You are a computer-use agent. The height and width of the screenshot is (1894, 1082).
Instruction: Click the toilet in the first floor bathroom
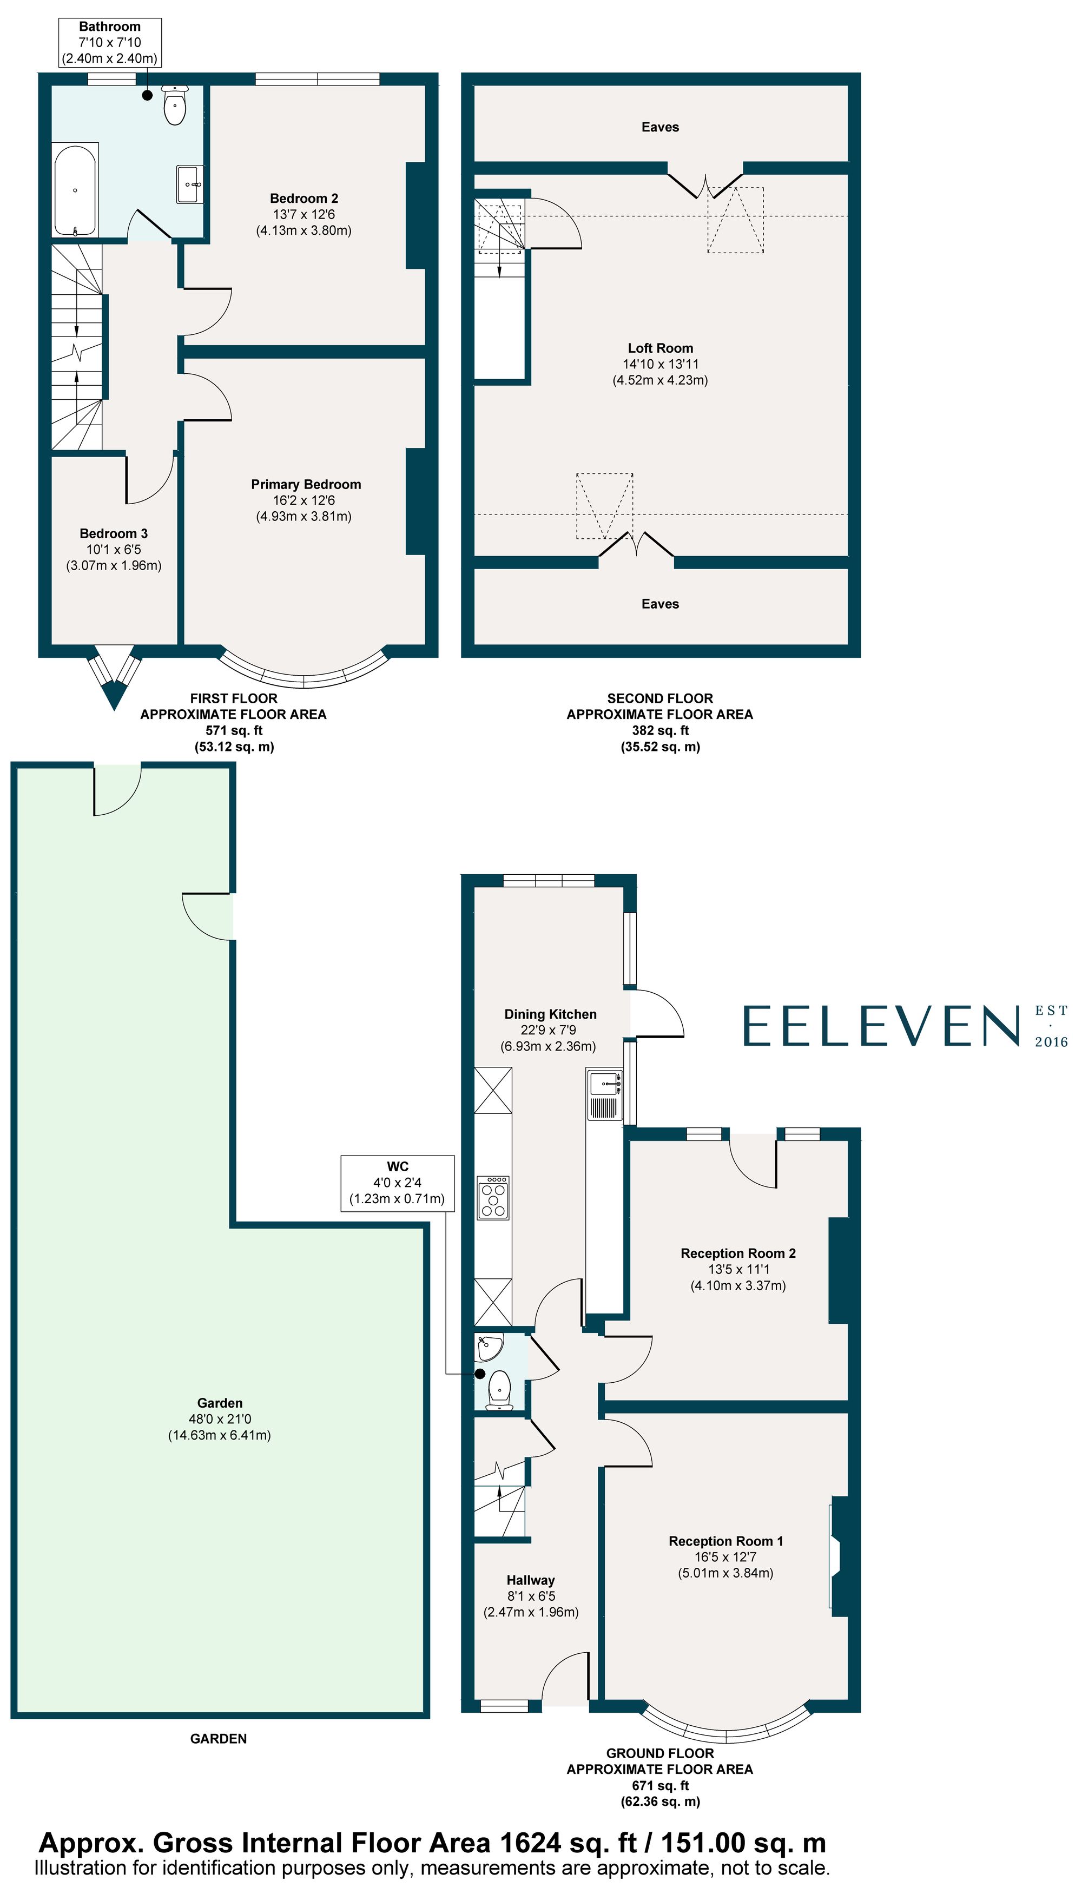tap(175, 105)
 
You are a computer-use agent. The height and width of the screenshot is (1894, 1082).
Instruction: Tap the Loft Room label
tap(660, 348)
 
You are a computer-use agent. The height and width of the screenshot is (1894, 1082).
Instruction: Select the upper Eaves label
tap(660, 127)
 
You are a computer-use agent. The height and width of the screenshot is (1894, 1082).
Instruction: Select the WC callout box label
tap(398, 1166)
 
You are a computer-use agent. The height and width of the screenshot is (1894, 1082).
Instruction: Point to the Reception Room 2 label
tap(738, 1253)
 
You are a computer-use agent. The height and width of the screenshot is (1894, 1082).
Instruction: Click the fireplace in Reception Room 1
tap(837, 1554)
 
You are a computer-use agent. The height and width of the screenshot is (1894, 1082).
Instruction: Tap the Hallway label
tap(531, 1580)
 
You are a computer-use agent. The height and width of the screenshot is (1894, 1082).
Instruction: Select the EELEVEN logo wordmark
tap(881, 1026)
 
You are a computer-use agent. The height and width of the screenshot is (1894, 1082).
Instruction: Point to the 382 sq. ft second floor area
tap(660, 730)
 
